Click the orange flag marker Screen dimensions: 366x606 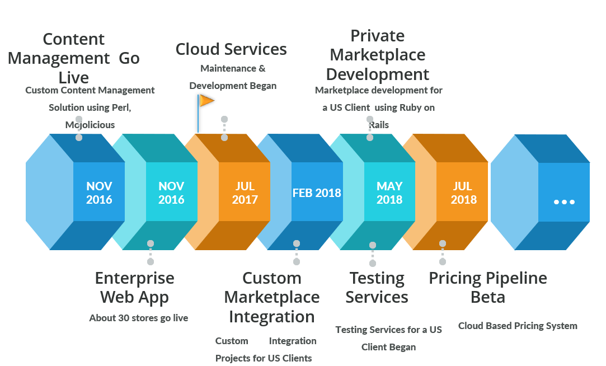(206, 101)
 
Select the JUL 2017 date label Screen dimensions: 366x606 (244, 193)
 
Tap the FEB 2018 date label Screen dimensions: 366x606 (317, 193)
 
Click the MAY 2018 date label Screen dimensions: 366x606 (389, 193)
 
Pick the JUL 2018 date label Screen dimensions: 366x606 (463, 193)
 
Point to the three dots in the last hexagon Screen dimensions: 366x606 (564, 202)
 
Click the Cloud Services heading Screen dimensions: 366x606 (231, 49)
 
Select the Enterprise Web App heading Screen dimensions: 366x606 (134, 288)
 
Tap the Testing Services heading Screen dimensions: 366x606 (377, 288)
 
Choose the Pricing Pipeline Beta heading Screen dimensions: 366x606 (488, 288)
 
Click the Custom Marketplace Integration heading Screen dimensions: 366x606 (272, 297)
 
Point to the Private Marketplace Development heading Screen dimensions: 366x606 (378, 55)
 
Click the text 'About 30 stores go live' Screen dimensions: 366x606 (139, 318)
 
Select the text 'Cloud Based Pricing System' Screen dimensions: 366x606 (518, 326)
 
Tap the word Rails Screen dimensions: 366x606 (379, 125)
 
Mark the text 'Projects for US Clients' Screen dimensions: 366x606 (264, 358)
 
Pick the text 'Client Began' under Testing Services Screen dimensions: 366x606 (388, 347)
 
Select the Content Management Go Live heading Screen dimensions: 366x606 (74, 58)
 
